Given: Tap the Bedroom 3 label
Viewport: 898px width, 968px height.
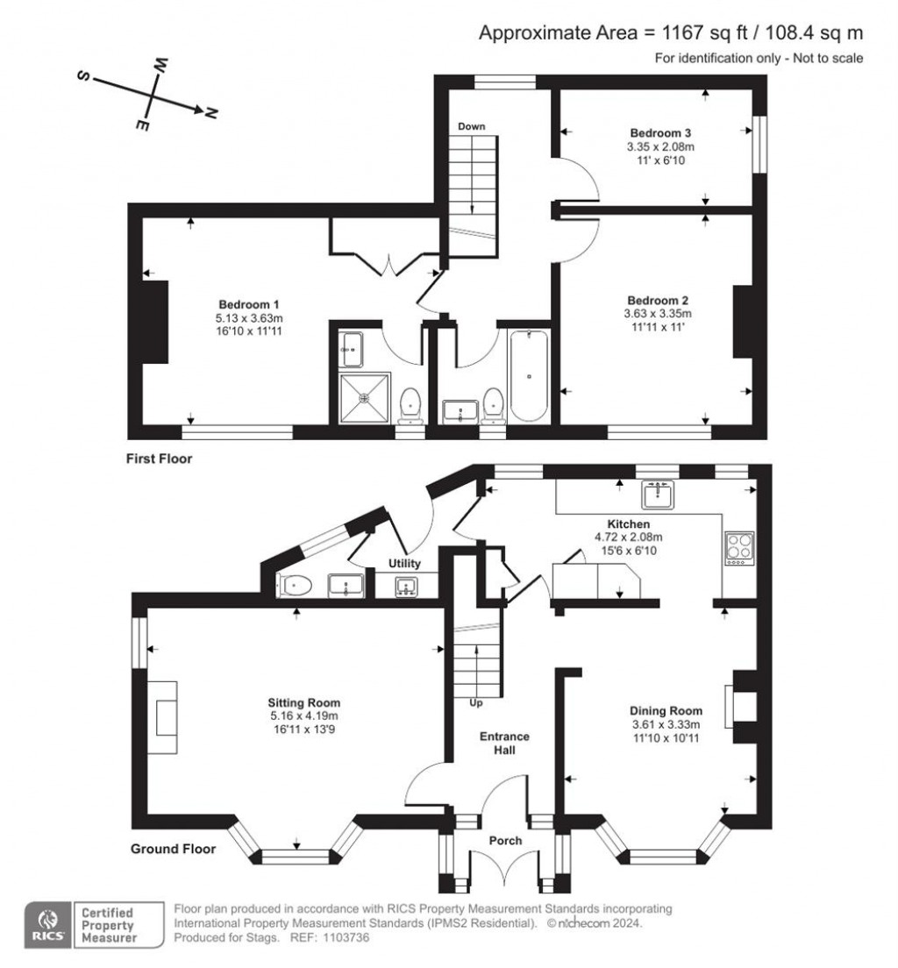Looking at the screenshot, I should (x=657, y=134).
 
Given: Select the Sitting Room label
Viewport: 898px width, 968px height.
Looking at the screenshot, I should (x=304, y=702).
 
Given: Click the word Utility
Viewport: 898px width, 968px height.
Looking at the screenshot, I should (x=404, y=564).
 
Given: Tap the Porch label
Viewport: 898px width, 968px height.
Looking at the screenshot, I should (x=505, y=841).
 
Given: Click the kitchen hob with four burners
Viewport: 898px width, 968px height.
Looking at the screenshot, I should (x=738, y=549).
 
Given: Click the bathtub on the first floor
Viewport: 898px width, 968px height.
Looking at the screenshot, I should (x=530, y=376).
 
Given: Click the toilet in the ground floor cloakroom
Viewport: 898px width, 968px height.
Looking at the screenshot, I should (x=296, y=585).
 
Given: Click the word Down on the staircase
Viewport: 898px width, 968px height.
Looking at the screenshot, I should (x=472, y=126).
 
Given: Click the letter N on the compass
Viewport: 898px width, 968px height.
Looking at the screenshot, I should (x=211, y=113).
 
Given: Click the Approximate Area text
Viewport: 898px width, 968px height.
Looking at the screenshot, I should (x=671, y=33).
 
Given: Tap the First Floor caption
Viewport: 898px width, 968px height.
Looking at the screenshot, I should (x=159, y=459).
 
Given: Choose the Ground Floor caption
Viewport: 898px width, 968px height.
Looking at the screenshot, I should (x=173, y=849).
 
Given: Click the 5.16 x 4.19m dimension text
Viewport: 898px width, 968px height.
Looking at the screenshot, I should (x=304, y=715).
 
